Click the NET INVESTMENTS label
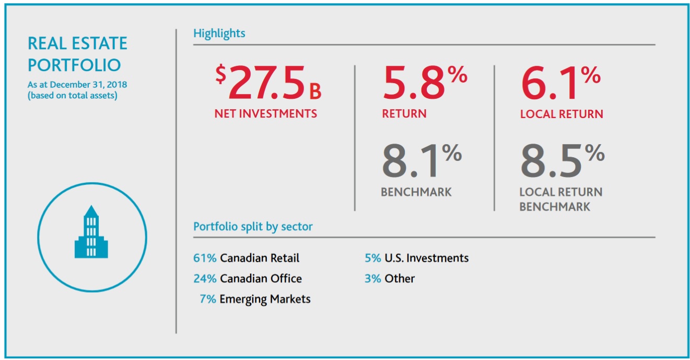click(x=265, y=113)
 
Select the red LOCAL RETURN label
click(x=562, y=114)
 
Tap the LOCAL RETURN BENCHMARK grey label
click(x=560, y=199)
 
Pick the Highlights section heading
click(x=219, y=33)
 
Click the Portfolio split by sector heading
click(x=253, y=227)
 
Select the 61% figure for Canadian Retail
click(x=204, y=258)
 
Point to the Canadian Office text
click(x=261, y=278)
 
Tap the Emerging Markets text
click(x=265, y=299)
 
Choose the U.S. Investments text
click(x=426, y=258)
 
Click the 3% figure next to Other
click(x=372, y=278)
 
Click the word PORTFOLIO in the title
click(x=74, y=65)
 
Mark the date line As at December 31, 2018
click(x=77, y=84)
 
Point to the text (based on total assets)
click(x=72, y=95)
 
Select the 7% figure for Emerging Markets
click(x=207, y=299)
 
